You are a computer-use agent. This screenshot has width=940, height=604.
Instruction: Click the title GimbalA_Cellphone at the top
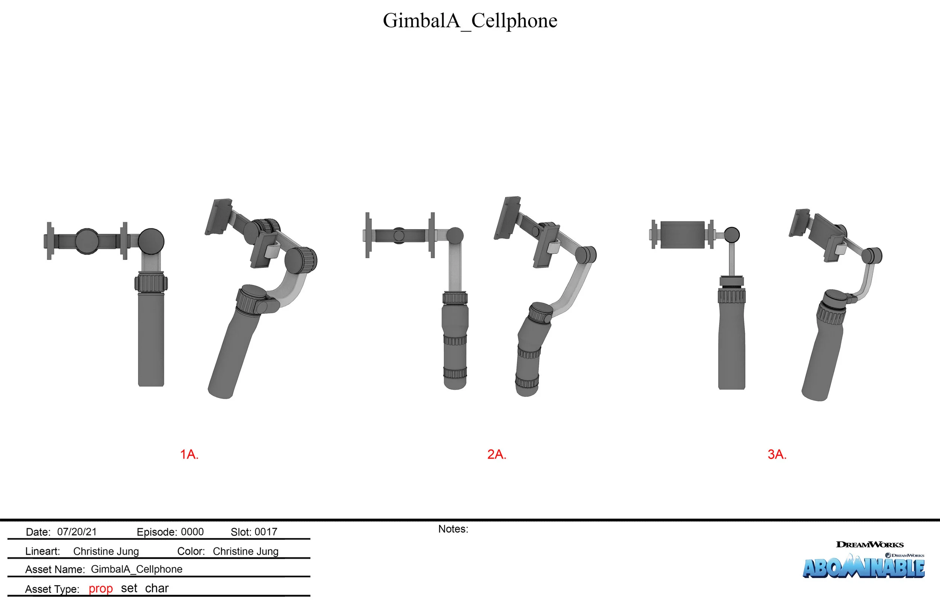(470, 20)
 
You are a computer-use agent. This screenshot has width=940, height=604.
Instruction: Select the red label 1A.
(189, 454)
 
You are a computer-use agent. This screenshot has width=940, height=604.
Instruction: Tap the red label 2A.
(497, 454)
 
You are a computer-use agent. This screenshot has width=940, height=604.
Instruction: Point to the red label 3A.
(777, 454)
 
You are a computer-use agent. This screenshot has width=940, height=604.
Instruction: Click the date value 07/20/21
(77, 532)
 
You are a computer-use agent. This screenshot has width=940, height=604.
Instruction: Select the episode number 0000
(192, 532)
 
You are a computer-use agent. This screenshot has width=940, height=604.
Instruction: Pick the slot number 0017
(265, 532)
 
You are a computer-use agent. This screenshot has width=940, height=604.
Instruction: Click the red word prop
(100, 588)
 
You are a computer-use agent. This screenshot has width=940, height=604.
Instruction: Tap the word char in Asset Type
(156, 588)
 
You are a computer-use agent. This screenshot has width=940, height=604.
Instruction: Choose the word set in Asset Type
(129, 588)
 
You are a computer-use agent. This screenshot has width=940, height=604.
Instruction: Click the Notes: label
(453, 529)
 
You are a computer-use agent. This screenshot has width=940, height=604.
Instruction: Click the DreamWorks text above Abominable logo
(869, 544)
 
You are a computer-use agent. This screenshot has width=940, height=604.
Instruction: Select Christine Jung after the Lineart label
(106, 551)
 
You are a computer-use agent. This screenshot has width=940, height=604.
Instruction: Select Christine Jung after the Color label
(246, 551)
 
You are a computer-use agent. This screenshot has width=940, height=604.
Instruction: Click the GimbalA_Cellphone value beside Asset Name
(136, 569)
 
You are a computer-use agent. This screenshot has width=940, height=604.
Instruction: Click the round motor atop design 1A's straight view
(151, 241)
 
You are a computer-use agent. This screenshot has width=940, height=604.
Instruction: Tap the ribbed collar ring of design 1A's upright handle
(151, 283)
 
